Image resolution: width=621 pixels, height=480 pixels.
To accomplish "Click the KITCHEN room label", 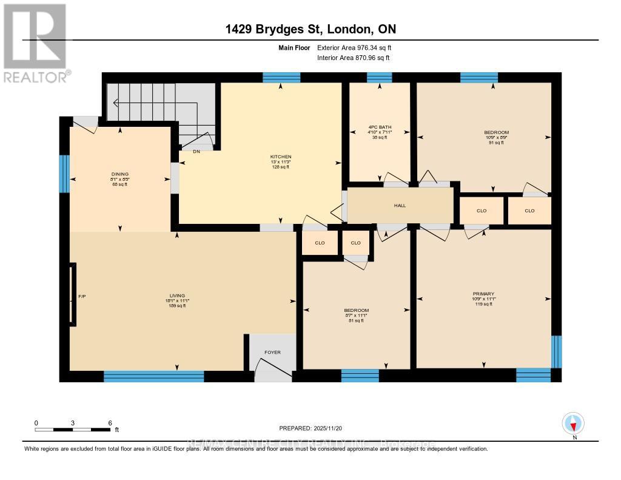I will tap(281, 157).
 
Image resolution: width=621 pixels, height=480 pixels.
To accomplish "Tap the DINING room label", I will tap(120, 174).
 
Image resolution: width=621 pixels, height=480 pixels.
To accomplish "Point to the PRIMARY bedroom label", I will tap(484, 293).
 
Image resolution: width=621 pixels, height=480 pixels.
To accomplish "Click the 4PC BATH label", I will tap(380, 127).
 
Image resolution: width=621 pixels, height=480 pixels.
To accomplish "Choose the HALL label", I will tap(400, 206).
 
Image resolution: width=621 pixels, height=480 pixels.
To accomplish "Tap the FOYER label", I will tap(272, 352).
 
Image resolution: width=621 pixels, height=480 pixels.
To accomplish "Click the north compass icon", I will tap(573, 423).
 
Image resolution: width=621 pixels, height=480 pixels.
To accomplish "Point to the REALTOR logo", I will tap(35, 42).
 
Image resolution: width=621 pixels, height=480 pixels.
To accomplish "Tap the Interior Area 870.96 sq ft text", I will tap(353, 58).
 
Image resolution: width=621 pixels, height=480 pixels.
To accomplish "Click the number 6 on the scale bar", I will tap(109, 422).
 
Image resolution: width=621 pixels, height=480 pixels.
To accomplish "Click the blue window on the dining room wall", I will tap(64, 174).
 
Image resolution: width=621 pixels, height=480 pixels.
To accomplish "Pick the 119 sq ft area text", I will tap(484, 305).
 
